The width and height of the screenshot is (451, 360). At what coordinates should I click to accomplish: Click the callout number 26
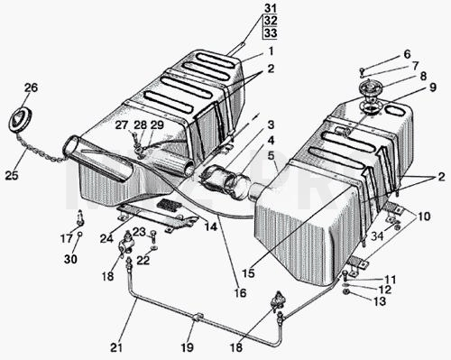click(x=32, y=88)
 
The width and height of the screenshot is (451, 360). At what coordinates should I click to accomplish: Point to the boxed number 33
click(x=271, y=32)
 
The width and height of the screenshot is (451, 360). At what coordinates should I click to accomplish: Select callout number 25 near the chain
click(x=12, y=175)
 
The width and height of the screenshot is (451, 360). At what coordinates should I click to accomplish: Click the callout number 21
click(x=116, y=347)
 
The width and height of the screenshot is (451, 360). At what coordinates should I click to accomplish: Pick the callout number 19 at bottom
click(x=187, y=347)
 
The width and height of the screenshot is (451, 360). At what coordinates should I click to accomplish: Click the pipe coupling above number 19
click(x=198, y=317)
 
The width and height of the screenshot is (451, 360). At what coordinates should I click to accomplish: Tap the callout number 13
click(x=380, y=300)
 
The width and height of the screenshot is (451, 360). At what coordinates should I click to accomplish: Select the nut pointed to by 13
click(x=346, y=291)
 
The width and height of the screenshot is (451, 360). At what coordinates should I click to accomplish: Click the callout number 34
click(x=377, y=236)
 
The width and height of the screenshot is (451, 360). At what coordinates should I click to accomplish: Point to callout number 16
click(x=240, y=292)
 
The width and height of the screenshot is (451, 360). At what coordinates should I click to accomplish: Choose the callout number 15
click(x=248, y=273)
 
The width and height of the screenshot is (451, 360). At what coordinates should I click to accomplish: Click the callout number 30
click(x=70, y=259)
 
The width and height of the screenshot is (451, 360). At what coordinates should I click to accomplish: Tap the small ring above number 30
click(x=79, y=234)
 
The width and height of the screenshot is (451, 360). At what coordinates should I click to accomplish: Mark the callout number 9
click(x=432, y=88)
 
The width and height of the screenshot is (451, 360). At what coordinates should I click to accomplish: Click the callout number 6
click(x=407, y=54)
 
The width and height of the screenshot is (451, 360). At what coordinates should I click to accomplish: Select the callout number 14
click(x=211, y=226)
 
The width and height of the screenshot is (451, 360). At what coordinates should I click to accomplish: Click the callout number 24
click(x=106, y=238)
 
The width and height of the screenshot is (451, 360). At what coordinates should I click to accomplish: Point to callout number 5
click(x=272, y=155)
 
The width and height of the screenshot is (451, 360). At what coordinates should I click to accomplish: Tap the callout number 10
click(x=424, y=217)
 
